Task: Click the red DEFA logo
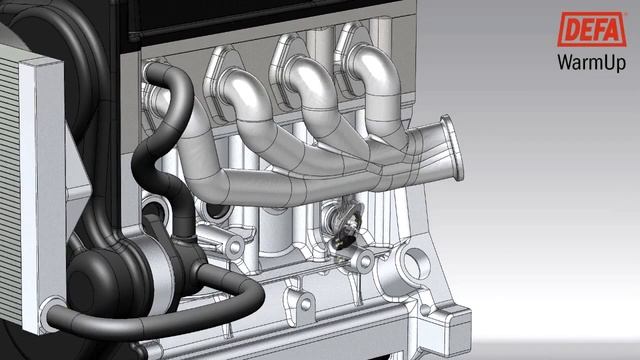(x=592, y=29)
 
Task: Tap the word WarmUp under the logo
(x=592, y=63)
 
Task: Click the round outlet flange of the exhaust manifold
(x=453, y=147)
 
